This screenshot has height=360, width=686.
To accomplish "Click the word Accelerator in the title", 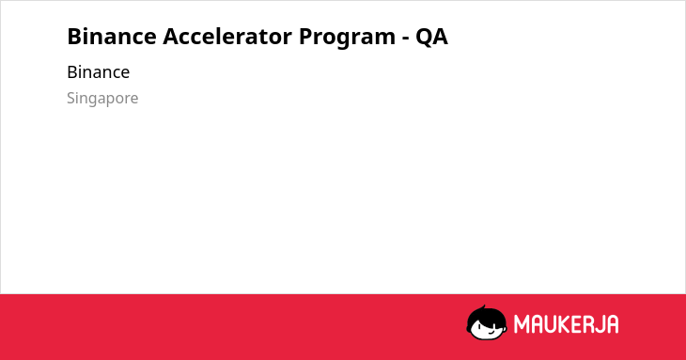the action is tap(227, 36).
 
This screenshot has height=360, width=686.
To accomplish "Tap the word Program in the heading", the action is tap(347, 38).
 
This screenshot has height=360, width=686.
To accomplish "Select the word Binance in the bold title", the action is tap(112, 36).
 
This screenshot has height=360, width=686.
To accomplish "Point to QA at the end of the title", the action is tap(431, 37).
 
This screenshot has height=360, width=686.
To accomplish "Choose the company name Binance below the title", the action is tap(99, 72).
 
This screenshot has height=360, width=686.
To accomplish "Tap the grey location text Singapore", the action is tap(102, 99).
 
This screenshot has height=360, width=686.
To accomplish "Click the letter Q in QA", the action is tap(424, 37).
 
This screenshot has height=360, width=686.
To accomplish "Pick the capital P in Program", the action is tap(306, 37).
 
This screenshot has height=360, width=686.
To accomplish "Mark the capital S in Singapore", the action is tap(71, 98).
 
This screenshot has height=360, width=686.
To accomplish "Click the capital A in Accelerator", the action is tap(171, 37).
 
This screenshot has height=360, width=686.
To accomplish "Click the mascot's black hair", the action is tap(486, 317).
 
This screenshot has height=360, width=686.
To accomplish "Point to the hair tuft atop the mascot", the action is tap(484, 307).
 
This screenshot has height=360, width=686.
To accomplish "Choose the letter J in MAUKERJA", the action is tap(598, 324).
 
